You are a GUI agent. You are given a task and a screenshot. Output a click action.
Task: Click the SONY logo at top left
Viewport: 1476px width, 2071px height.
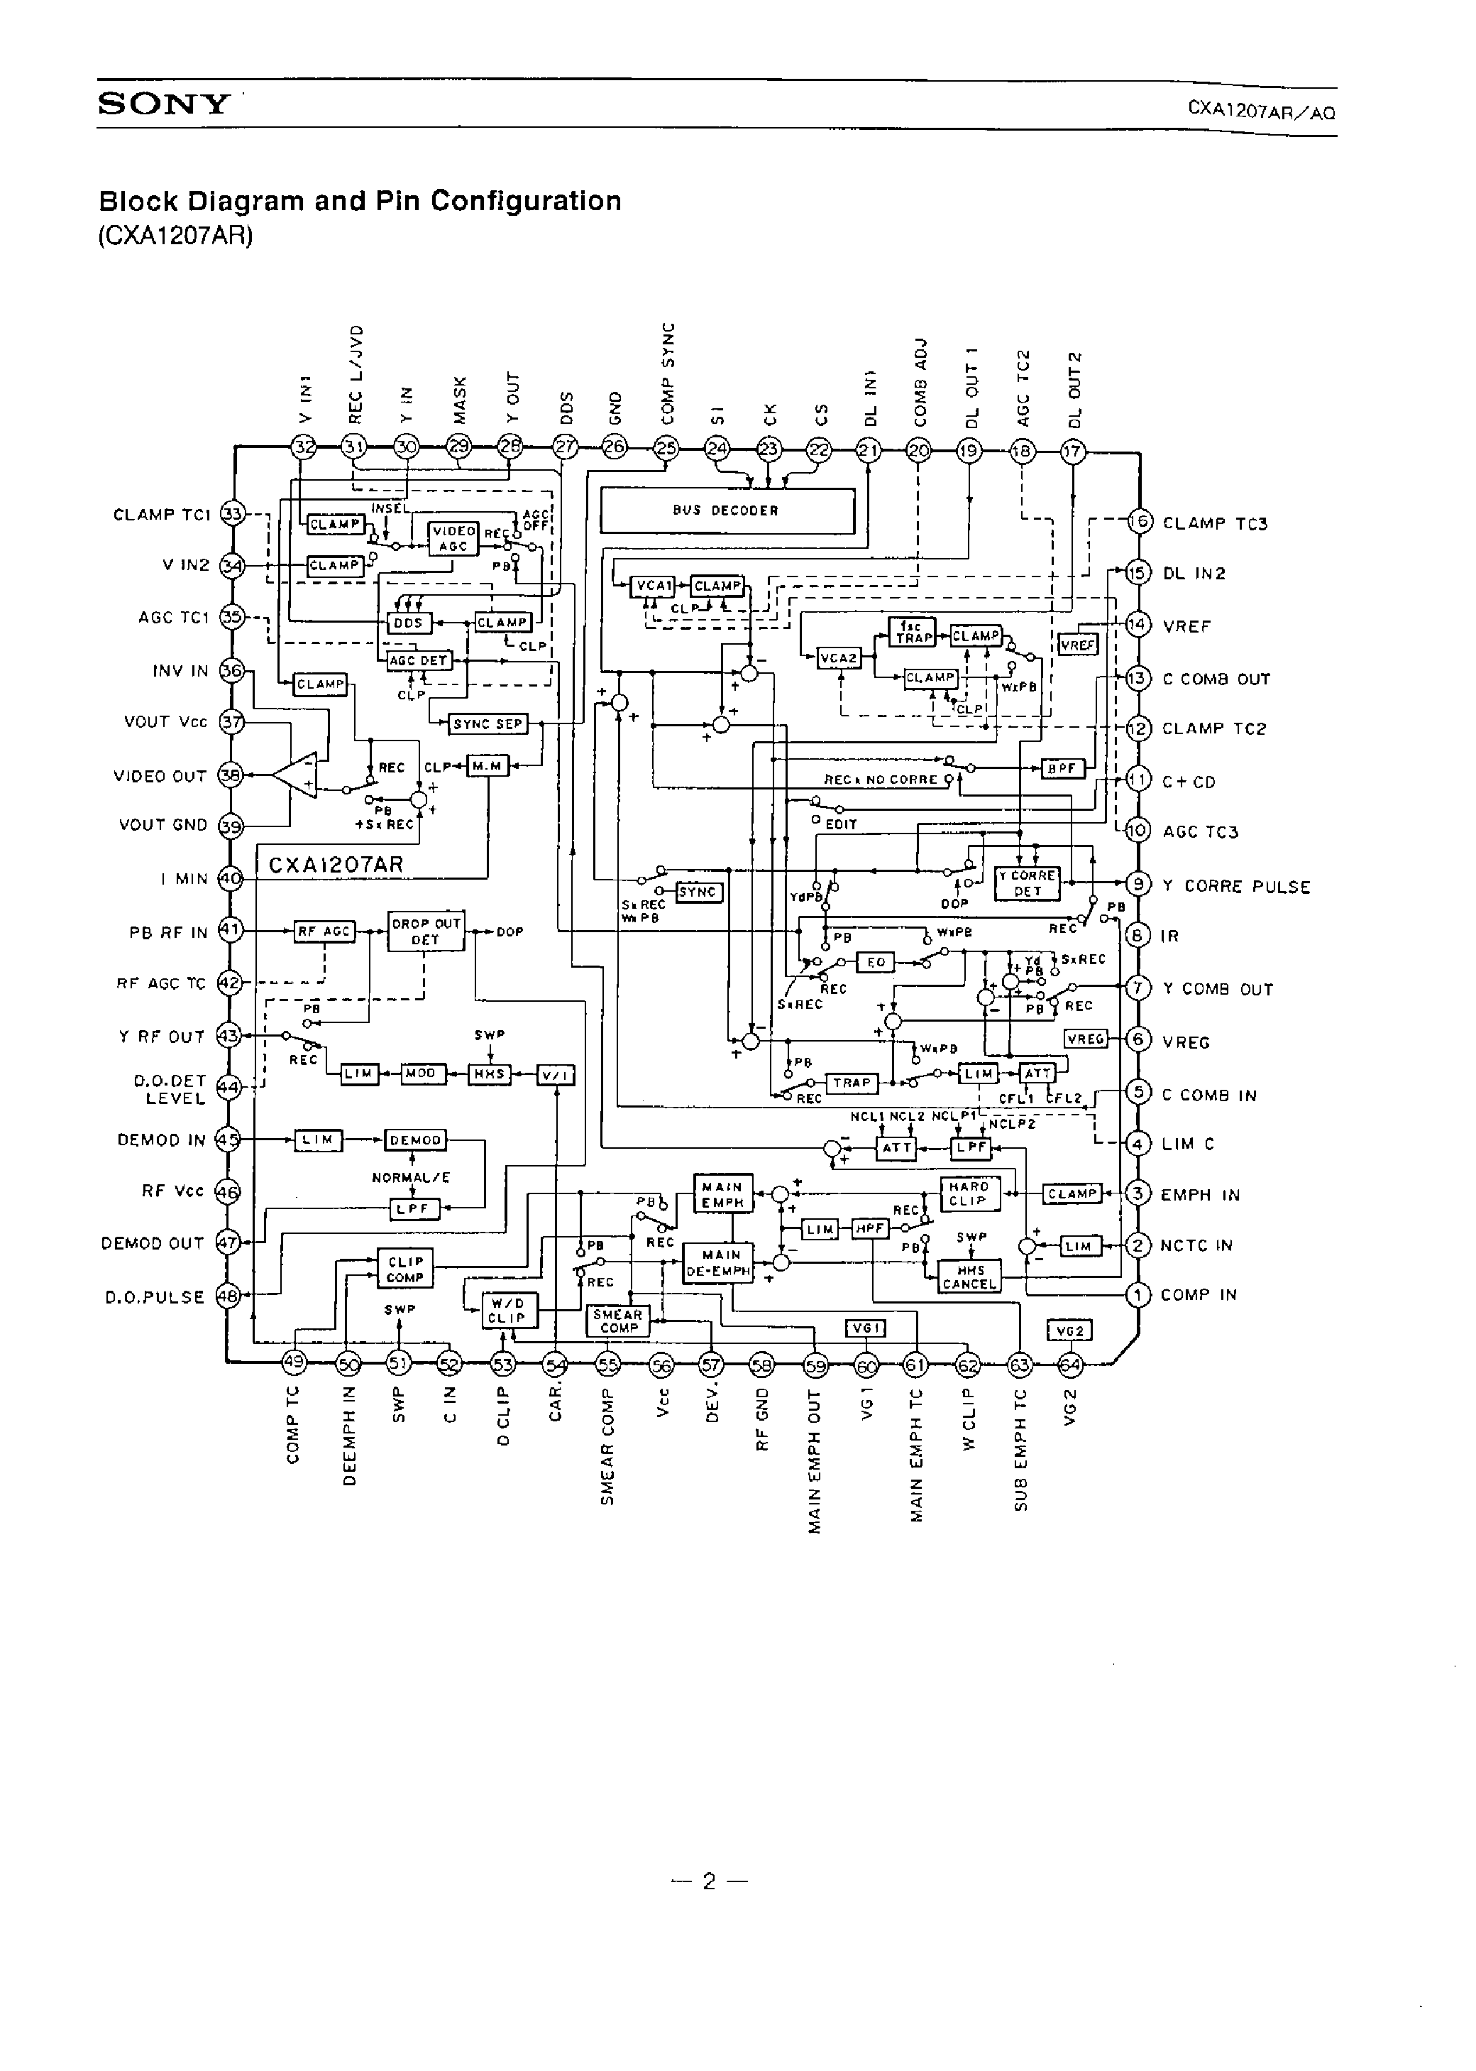click(x=164, y=104)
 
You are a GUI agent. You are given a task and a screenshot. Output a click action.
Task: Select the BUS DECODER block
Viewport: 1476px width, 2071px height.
click(x=727, y=511)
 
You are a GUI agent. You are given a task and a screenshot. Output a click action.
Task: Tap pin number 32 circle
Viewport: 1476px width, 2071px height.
click(x=303, y=447)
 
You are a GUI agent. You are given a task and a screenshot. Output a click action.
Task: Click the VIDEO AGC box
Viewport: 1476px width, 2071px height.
click(x=453, y=538)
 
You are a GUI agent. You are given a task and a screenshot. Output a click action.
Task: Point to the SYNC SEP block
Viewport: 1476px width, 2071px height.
click(x=488, y=723)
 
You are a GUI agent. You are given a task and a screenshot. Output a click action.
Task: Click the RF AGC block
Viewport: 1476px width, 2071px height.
click(x=324, y=931)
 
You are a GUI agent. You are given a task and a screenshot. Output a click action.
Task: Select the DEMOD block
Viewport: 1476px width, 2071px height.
click(x=415, y=1139)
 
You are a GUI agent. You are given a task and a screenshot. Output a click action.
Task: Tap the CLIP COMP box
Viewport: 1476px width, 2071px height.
click(x=405, y=1268)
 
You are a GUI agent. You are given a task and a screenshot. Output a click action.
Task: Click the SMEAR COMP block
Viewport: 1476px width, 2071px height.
click(x=618, y=1321)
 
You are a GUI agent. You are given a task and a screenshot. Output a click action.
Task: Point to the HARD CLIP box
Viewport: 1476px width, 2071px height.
click(x=969, y=1193)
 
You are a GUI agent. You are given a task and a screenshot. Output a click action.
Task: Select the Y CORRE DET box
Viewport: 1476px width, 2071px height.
click(x=1027, y=883)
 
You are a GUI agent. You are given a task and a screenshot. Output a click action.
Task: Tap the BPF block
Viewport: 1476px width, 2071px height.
click(x=1062, y=768)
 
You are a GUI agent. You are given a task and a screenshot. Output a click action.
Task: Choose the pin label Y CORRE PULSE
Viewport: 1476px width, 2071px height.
click(x=1236, y=886)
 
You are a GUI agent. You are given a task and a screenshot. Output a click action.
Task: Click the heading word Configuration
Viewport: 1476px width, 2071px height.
click(x=525, y=201)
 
